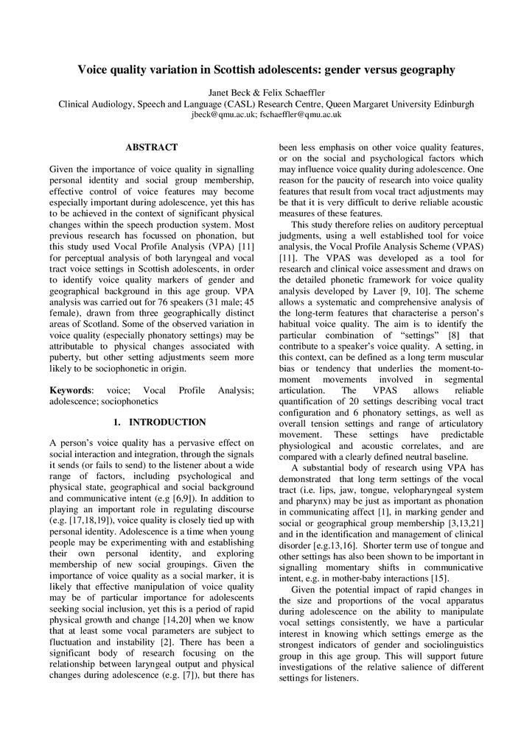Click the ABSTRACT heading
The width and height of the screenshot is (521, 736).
click(151, 148)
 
